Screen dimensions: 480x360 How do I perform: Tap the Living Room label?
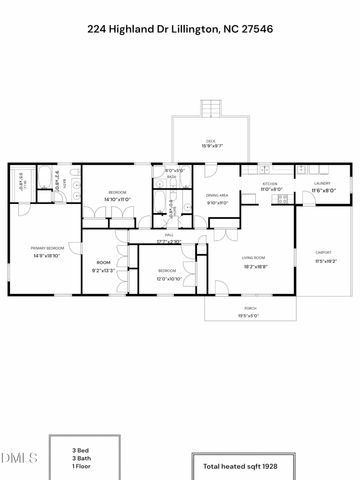(x=253, y=259)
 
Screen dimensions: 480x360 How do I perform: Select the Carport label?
(x=323, y=252)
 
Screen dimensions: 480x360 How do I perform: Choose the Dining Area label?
(x=218, y=195)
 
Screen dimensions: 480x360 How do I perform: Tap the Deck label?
(x=211, y=141)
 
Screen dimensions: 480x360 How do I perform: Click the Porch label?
(x=247, y=311)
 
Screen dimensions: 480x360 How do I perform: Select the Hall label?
(x=170, y=235)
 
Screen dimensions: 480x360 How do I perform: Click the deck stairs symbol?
(x=211, y=108)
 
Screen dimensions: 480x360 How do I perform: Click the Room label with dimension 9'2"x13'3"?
(x=103, y=264)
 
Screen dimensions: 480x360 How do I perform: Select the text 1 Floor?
(x=82, y=467)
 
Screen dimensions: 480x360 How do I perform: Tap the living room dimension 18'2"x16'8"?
(x=253, y=267)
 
